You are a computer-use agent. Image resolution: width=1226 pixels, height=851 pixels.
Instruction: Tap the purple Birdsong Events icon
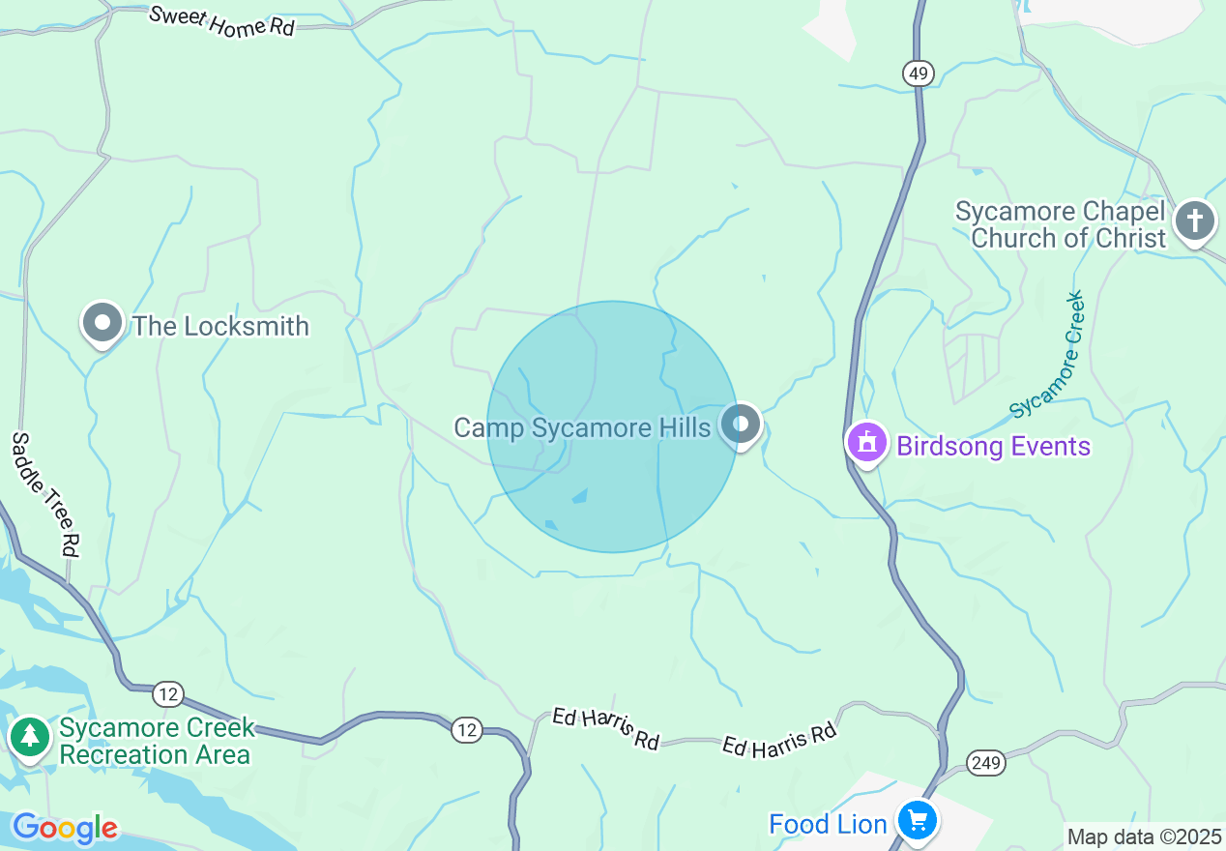click(x=867, y=444)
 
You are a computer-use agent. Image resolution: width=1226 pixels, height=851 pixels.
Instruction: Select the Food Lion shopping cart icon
click(x=916, y=821)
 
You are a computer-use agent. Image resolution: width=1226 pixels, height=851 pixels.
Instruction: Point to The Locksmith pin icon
click(x=102, y=324)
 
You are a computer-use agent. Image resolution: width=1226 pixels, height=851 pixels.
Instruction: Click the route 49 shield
click(x=919, y=73)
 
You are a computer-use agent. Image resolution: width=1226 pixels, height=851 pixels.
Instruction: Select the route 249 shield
click(x=986, y=763)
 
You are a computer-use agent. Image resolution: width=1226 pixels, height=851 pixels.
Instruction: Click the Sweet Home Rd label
click(x=221, y=21)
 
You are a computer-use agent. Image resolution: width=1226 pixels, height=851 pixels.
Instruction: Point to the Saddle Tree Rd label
click(x=44, y=493)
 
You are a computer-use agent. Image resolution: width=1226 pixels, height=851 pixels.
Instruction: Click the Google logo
click(x=65, y=828)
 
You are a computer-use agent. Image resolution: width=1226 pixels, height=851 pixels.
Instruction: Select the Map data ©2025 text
click(x=1144, y=836)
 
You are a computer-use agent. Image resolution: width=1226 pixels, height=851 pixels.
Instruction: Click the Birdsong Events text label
click(x=993, y=446)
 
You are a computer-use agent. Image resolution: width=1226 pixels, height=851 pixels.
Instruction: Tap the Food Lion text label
click(x=828, y=824)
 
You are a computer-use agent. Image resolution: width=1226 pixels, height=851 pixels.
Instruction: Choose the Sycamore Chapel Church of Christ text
click(x=1061, y=224)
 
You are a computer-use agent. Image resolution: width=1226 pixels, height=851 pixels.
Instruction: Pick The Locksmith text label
click(x=220, y=326)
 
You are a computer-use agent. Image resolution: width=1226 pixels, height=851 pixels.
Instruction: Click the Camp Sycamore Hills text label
click(x=582, y=426)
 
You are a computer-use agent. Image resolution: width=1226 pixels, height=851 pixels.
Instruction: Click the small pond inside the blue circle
click(x=580, y=496)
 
